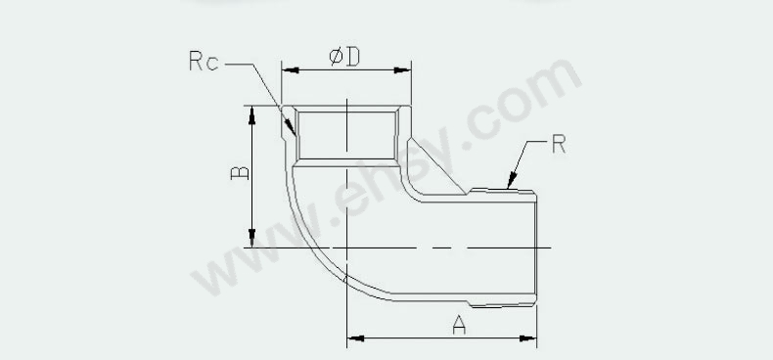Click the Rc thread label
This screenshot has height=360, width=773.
(204, 61)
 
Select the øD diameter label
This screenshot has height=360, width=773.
(344, 57)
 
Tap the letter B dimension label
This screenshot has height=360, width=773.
(240, 172)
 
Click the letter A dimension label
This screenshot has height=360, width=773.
(459, 325)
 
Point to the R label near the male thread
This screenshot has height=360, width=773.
(559, 144)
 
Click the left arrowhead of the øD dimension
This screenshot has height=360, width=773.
(291, 70)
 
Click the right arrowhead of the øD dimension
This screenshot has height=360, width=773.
(402, 70)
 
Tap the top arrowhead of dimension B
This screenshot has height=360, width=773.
(251, 114)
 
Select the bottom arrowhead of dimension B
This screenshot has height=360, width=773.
(251, 238)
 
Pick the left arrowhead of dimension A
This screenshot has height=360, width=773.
(356, 338)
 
